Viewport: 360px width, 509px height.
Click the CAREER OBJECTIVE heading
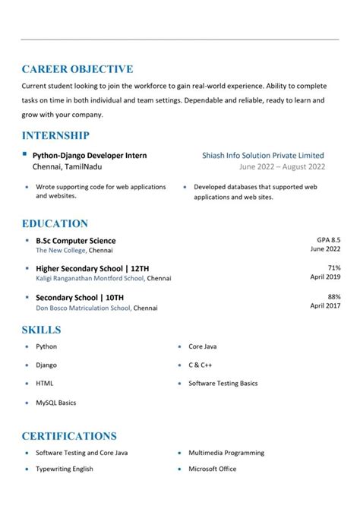pos(77,69)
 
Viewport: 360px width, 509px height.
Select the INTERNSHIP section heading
pos(55,135)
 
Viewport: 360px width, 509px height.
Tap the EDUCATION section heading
pos(55,223)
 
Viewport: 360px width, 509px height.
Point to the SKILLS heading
pos(41,330)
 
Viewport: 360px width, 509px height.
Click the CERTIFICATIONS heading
pos(69,436)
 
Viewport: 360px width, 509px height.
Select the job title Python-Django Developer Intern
pos(90,155)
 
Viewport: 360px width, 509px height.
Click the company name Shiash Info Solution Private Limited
pos(263,155)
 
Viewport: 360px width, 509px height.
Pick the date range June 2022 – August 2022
pos(282,166)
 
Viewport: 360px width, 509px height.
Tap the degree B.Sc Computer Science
pos(76,241)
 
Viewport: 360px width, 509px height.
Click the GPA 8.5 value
pos(328,239)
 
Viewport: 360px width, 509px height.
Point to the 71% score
pos(333,267)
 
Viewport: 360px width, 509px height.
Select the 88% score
pos(333,296)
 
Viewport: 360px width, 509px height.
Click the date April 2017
pos(325,305)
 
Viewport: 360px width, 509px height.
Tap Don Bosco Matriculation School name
pos(84,308)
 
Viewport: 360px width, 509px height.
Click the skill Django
pos(46,365)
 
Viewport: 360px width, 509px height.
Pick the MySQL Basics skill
pos(56,403)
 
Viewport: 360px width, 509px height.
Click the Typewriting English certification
pos(65,469)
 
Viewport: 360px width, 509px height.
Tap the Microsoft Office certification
pos(212,469)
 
